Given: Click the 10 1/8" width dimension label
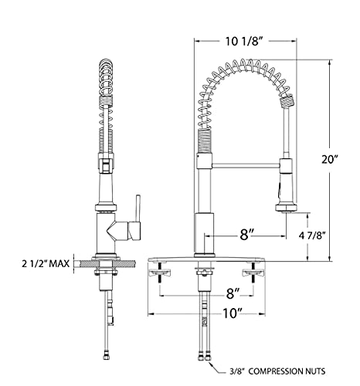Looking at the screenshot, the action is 245,41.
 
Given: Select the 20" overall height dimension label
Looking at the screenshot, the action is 329,160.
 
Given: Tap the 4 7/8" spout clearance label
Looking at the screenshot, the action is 312,235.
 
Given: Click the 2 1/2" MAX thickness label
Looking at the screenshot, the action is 46,264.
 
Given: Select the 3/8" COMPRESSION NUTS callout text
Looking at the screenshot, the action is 277,371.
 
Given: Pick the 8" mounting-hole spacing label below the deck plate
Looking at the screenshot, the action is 233,293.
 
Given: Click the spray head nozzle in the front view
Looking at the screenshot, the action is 286,208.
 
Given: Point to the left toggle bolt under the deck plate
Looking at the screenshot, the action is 160,273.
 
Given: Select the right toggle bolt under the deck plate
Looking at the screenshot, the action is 253,273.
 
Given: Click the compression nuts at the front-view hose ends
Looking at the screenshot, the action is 204,357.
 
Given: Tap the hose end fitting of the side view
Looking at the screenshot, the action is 106,357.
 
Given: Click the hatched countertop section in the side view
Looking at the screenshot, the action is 105,263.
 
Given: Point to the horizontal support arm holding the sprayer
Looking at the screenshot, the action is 246,165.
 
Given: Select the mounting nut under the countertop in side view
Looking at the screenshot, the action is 106,272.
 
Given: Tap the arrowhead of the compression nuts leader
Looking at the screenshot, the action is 212,364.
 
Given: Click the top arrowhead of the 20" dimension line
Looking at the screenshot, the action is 329,62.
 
